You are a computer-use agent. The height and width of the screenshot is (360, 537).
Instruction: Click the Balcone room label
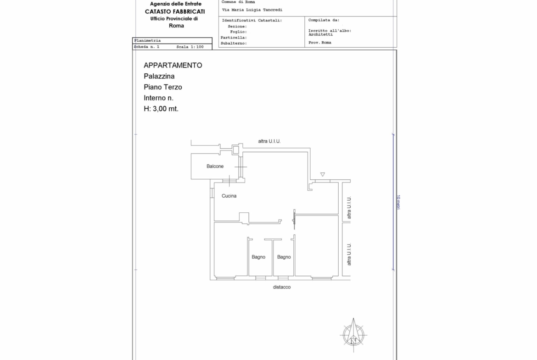215,166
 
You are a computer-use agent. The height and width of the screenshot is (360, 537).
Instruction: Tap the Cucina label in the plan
229,196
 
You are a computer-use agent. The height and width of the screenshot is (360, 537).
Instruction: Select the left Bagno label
258,257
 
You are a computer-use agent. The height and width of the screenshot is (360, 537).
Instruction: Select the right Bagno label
284,257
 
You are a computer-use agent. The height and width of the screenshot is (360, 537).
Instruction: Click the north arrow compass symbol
353,335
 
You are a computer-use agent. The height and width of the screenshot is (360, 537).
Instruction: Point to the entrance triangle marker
323,175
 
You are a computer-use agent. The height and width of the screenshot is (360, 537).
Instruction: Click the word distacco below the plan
282,287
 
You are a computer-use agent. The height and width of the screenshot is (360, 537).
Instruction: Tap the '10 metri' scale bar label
398,202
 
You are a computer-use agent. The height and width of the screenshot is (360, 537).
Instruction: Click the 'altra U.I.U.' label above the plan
269,141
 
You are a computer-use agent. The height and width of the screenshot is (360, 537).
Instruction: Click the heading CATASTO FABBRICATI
175,11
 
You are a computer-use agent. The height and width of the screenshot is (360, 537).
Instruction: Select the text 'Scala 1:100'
190,47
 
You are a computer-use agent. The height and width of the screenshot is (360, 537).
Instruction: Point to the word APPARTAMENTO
173,66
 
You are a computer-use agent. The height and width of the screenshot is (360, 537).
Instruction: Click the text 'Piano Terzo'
163,87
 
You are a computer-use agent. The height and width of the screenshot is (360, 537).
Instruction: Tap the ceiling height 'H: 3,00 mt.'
161,109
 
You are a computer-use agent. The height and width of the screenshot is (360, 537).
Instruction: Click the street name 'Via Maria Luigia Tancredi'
252,10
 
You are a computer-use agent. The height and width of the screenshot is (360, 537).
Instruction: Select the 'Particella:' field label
234,38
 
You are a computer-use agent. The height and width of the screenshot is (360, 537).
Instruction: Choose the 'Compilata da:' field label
324,20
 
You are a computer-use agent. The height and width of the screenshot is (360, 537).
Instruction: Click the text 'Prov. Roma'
320,43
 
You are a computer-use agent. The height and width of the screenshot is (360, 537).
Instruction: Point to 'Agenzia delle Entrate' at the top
176,4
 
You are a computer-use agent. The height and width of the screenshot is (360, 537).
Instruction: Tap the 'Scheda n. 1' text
146,47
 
